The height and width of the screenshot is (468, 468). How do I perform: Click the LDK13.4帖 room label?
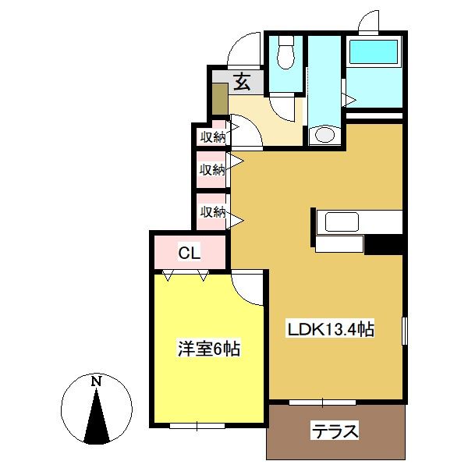(x=331, y=329)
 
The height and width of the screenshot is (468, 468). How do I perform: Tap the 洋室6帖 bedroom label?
(x=209, y=349)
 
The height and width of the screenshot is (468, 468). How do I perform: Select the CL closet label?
(x=190, y=253)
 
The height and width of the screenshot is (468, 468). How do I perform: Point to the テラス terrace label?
(x=335, y=431)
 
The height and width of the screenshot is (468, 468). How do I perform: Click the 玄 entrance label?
(x=242, y=82)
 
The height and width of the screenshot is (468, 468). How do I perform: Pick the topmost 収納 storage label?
(x=213, y=137)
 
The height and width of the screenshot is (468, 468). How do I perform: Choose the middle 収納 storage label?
(x=212, y=169)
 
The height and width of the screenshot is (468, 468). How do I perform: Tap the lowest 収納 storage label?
(x=213, y=211)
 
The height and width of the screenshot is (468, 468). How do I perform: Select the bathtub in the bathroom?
(x=374, y=52)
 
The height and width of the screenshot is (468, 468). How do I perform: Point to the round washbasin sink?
(x=324, y=135)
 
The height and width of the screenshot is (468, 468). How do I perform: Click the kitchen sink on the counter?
(x=342, y=222)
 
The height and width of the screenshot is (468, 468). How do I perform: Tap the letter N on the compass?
(x=96, y=381)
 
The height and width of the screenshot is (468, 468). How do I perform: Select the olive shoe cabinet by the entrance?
(x=220, y=99)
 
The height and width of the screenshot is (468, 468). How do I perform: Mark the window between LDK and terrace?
(x=322, y=402)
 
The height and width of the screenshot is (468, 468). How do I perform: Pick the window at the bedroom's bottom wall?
(x=197, y=426)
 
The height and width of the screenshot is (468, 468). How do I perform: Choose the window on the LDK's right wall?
(x=404, y=331)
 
